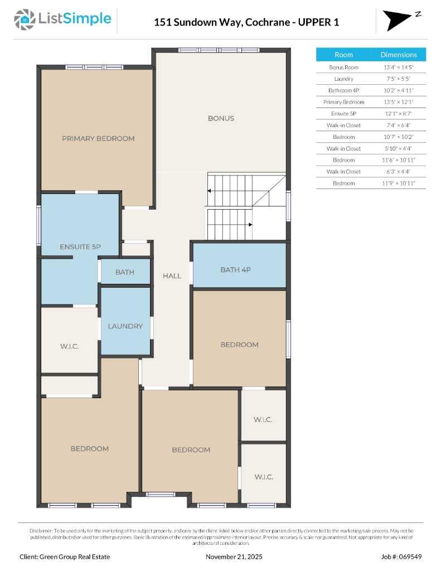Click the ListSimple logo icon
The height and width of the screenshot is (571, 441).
click(x=25, y=20)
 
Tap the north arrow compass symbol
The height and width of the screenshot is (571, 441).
click(x=398, y=20)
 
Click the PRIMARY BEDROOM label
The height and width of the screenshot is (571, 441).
click(x=98, y=138)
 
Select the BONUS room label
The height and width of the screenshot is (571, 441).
click(x=221, y=118)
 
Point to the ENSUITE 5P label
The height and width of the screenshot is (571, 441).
click(x=80, y=246)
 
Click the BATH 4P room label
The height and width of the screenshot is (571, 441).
click(x=236, y=270)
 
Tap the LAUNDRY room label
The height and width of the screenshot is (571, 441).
click(x=125, y=326)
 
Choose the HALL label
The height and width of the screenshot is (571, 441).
click(x=172, y=276)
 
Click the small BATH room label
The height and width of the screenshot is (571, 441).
click(x=125, y=272)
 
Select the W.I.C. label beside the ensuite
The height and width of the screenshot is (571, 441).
click(x=70, y=346)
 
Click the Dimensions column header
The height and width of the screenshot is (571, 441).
click(x=399, y=55)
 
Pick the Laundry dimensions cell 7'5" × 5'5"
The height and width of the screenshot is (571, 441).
click(x=399, y=79)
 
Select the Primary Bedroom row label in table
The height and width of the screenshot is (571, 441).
click(x=344, y=102)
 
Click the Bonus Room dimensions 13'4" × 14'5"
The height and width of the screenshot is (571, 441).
click(x=399, y=67)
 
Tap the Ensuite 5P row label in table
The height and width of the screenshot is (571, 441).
click(x=344, y=114)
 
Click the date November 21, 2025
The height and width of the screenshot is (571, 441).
click(x=234, y=557)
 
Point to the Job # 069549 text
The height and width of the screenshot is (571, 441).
click(x=401, y=557)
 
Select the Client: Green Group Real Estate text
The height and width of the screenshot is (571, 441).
click(x=65, y=557)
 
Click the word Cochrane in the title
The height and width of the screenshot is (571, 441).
click(x=268, y=22)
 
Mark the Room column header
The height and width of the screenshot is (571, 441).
click(x=344, y=55)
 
